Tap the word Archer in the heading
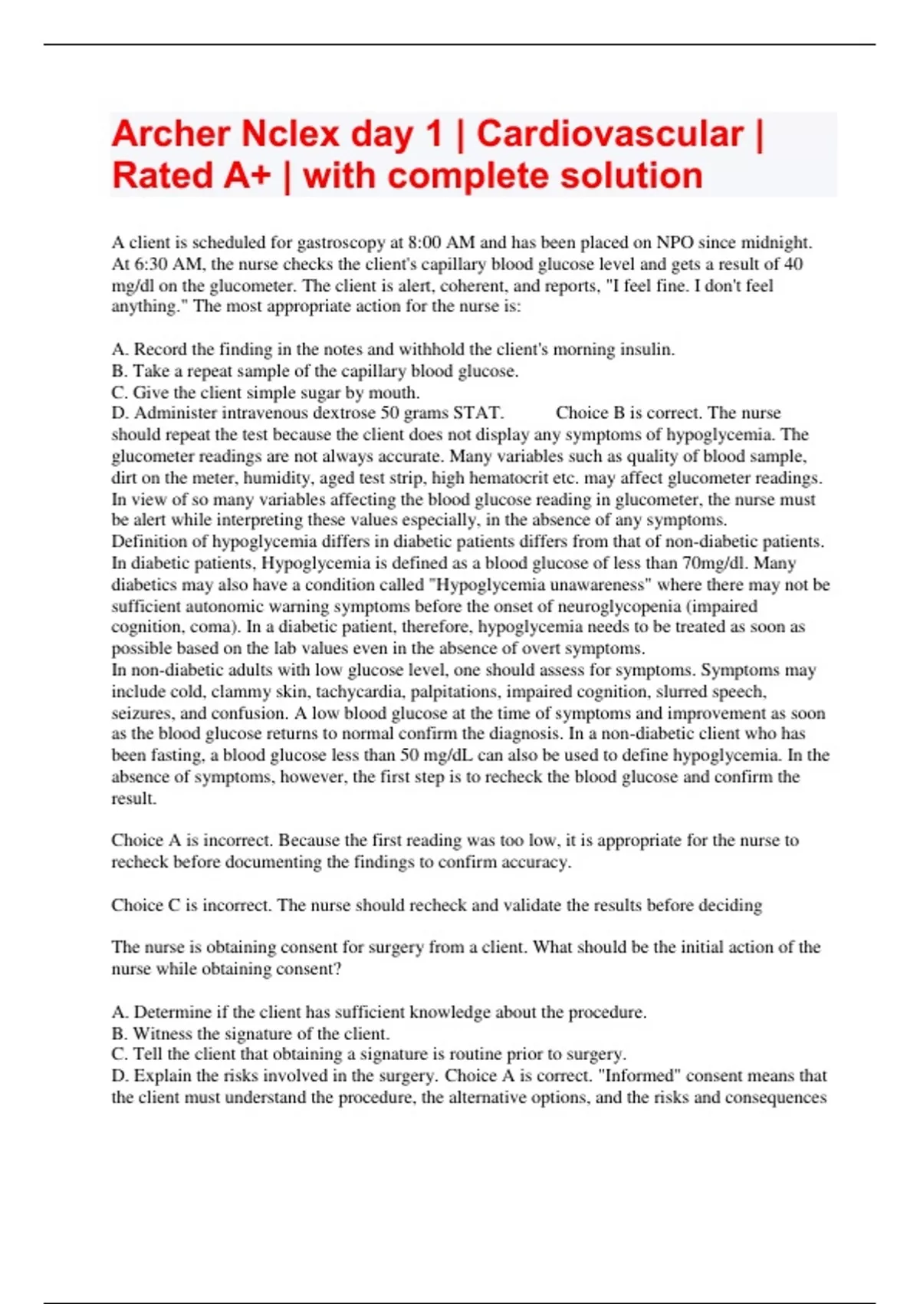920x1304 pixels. (x=170, y=134)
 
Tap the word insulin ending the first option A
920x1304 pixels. (x=652, y=349)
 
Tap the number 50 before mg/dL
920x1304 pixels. (x=409, y=755)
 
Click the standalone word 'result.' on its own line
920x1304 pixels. (x=134, y=799)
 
